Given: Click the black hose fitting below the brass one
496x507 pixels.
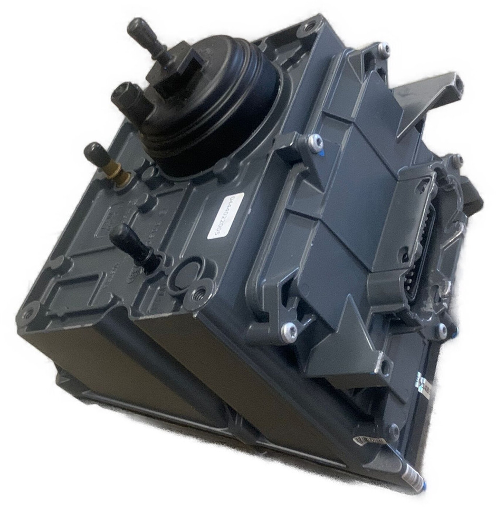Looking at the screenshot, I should tap(132, 245).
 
